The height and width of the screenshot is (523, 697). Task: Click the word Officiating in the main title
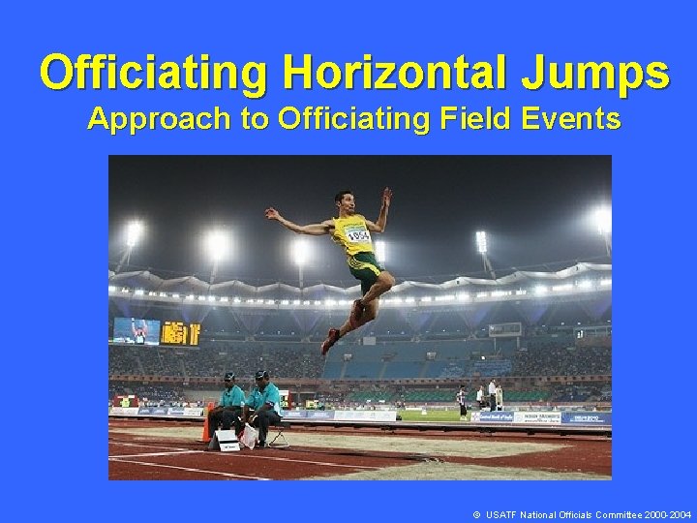click(x=155, y=73)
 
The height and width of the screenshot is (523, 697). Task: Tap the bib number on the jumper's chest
click(x=358, y=235)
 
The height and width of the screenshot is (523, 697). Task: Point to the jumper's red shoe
click(x=331, y=341)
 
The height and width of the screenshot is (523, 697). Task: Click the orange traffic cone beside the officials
click(x=206, y=427)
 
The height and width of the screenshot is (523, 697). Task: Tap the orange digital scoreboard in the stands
click(x=180, y=333)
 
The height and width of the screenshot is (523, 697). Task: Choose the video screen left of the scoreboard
click(x=136, y=330)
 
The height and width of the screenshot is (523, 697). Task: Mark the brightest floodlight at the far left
click(x=134, y=232)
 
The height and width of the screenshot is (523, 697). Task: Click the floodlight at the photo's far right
click(x=602, y=220)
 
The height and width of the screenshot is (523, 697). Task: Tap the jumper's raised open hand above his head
click(x=387, y=197)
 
